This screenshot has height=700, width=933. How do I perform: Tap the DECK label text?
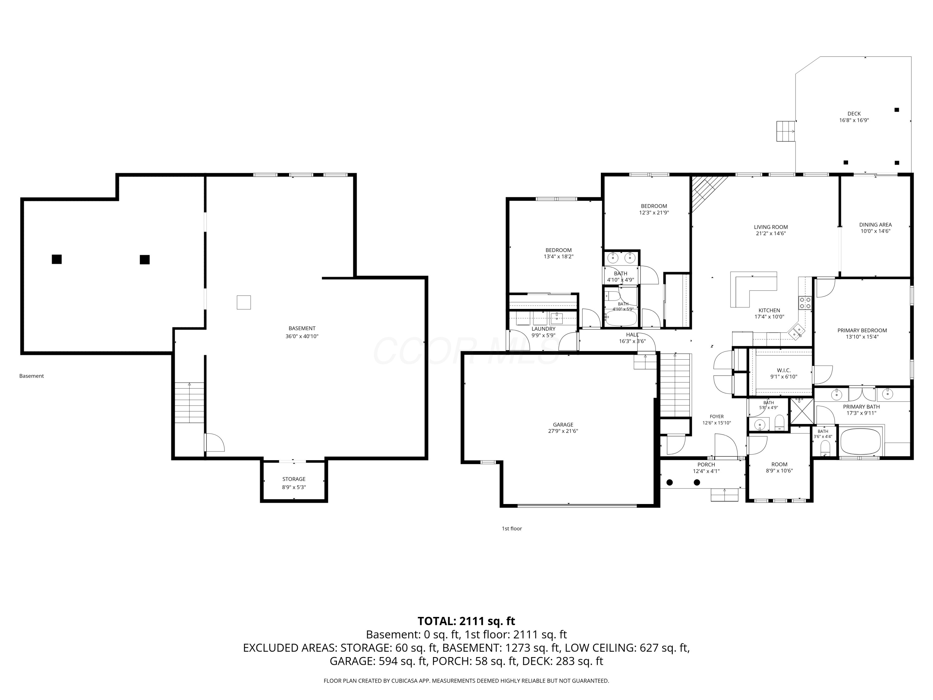pyautogui.click(x=854, y=114)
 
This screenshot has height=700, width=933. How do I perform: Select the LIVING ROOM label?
pyautogui.click(x=771, y=227)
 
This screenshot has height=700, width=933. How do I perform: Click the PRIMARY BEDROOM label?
pyautogui.click(x=862, y=330)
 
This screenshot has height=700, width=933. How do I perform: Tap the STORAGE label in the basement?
pyautogui.click(x=294, y=479)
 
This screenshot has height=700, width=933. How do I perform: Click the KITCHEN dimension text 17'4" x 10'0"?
pyautogui.click(x=769, y=317)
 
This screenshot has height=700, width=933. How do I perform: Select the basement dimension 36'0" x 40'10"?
pyautogui.click(x=302, y=336)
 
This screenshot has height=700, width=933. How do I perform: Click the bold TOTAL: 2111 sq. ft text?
pyautogui.click(x=466, y=621)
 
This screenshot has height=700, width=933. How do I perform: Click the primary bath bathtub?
pyautogui.click(x=861, y=441)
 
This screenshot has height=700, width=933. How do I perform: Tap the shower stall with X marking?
pyautogui.click(x=802, y=411)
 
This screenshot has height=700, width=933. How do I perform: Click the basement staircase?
pyautogui.click(x=189, y=403)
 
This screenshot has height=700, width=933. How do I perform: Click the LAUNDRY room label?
pyautogui.click(x=543, y=329)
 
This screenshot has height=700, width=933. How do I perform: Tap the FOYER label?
pyautogui.click(x=717, y=417)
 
